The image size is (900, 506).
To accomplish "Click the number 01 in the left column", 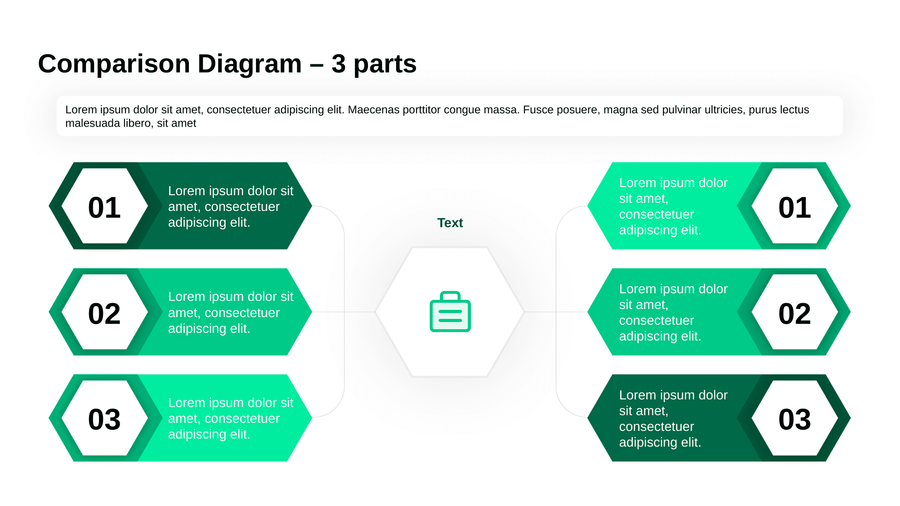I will (104, 208).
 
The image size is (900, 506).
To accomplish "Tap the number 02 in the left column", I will (104, 313).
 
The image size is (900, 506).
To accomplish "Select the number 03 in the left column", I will (104, 420).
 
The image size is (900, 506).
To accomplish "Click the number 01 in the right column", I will (794, 208).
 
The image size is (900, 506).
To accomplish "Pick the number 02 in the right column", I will (794, 313).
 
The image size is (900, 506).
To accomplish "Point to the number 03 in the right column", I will (794, 420).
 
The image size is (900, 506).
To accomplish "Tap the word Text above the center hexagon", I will (450, 223).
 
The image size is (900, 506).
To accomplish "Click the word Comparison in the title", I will (114, 64).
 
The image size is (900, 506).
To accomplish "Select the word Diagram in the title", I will (249, 64).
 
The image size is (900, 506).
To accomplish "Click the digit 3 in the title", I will (338, 64).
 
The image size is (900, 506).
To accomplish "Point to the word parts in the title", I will (385, 64).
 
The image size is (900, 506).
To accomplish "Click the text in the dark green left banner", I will (230, 206).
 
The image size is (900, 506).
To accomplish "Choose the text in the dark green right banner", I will (673, 418).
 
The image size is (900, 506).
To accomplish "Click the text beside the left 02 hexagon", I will (230, 313).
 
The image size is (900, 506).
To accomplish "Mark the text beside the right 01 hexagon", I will (673, 206).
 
